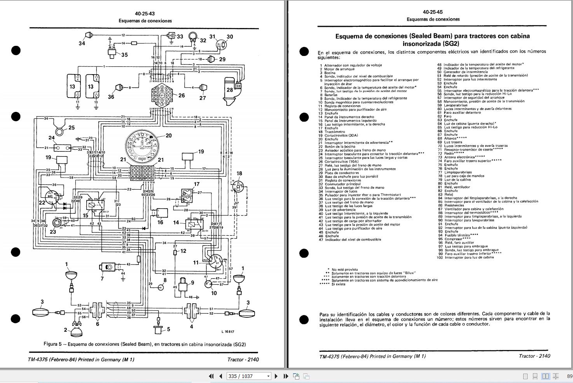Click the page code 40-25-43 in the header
[145, 13]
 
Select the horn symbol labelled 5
[158, 331]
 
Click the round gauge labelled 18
[238, 186]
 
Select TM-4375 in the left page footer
[40, 359]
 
